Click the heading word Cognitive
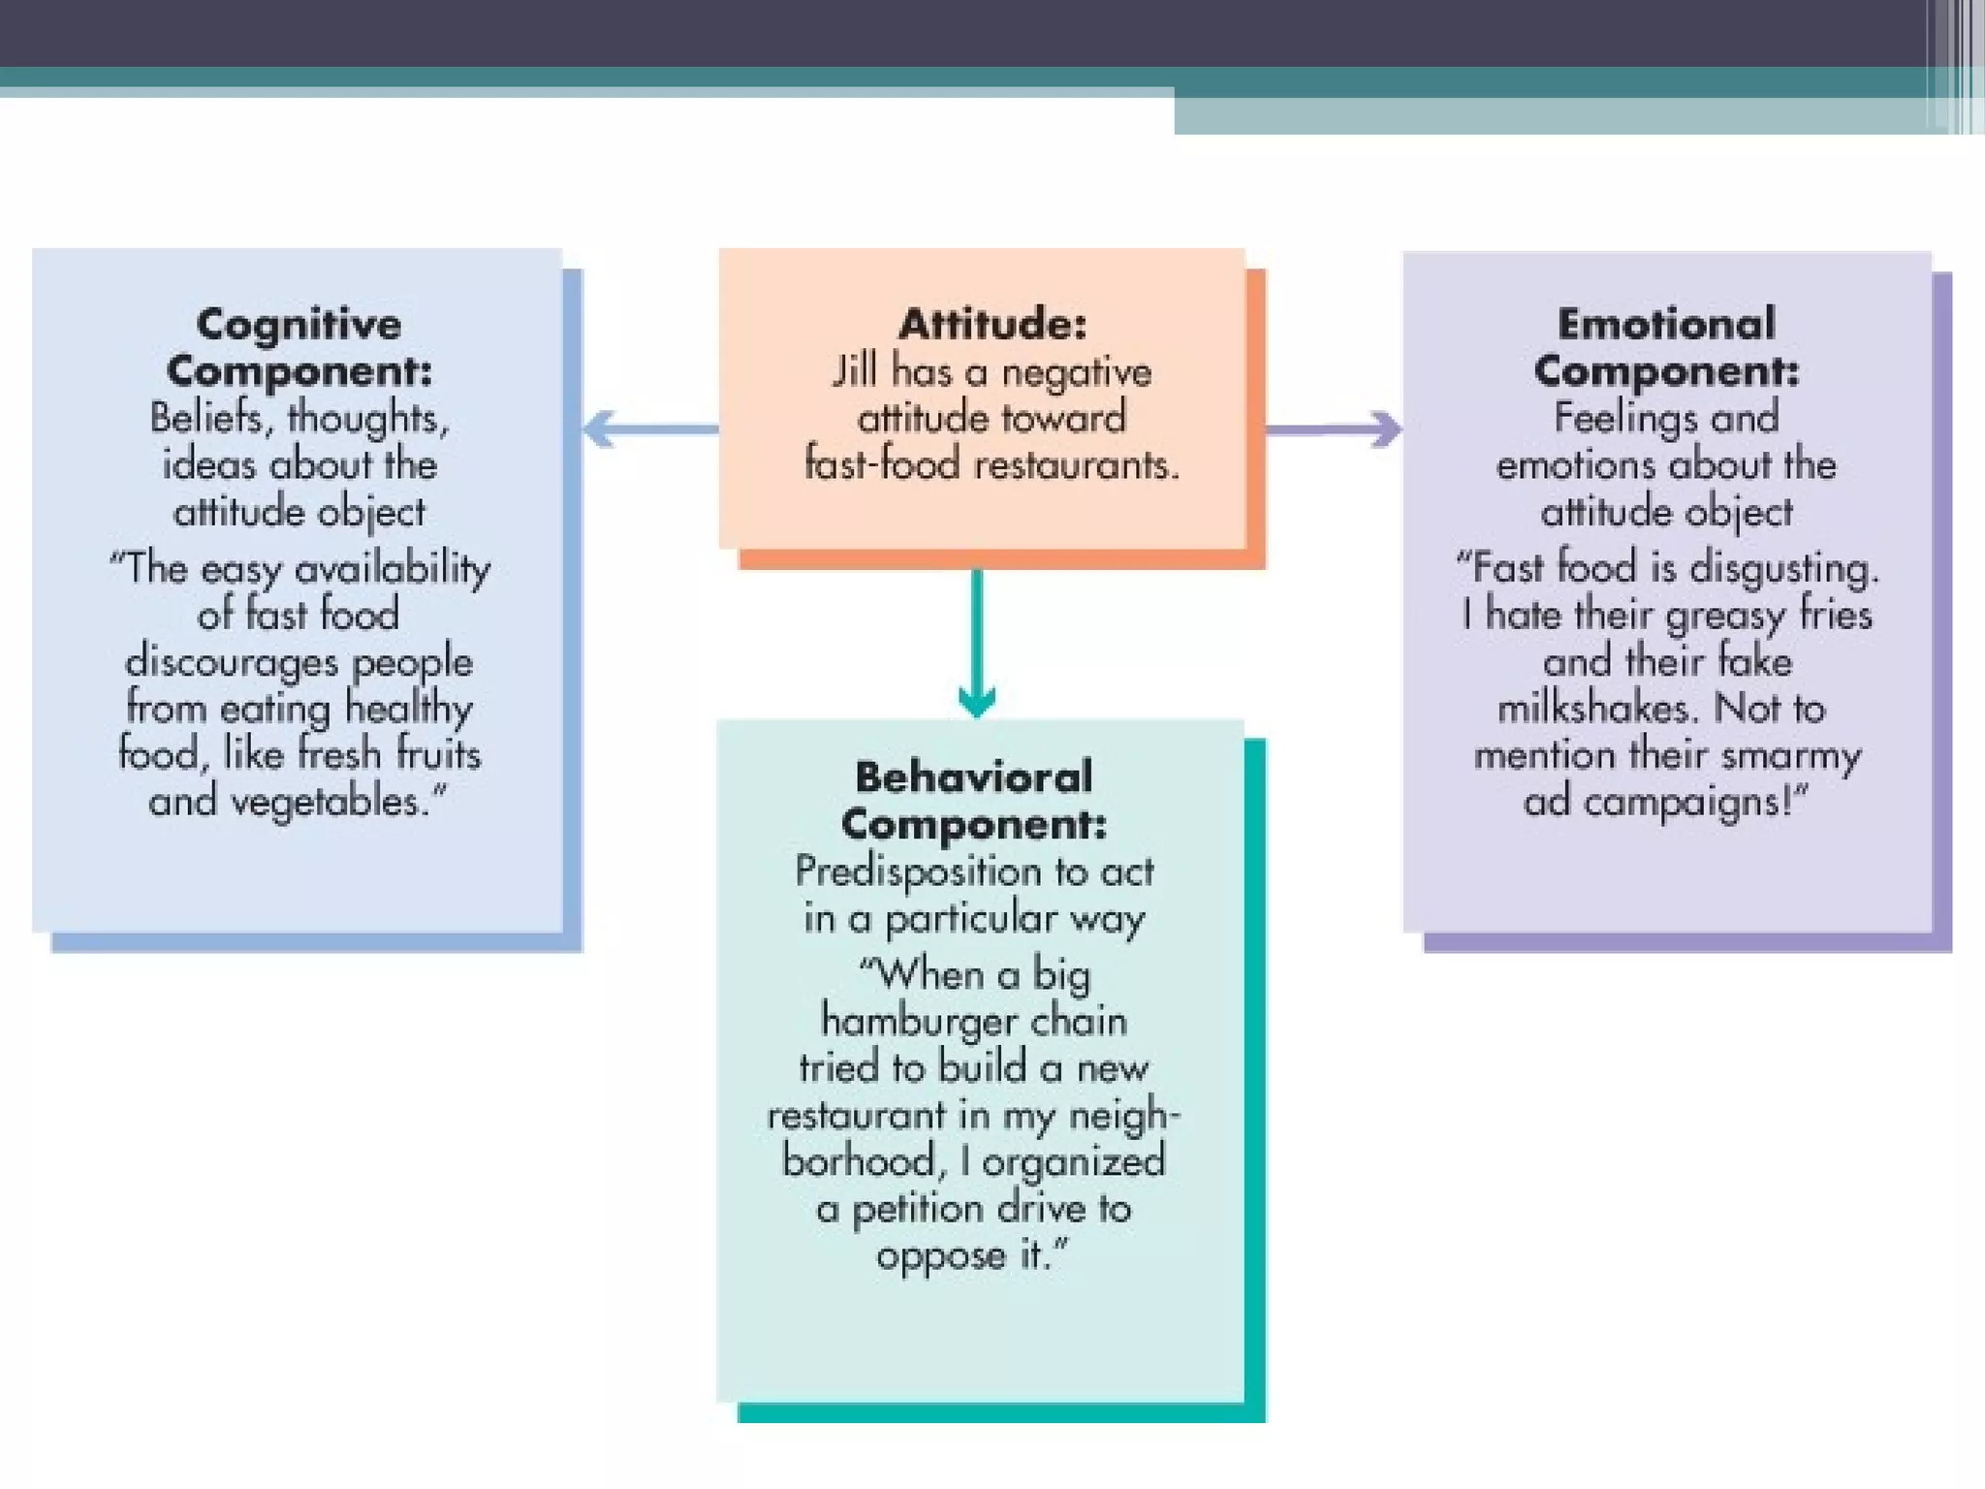tap(299, 324)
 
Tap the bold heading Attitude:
tap(992, 324)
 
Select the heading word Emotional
tap(1666, 324)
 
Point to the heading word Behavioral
tap(973, 777)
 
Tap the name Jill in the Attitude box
tap(854, 371)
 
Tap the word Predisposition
tap(919, 872)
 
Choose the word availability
tap(393, 568)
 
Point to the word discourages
tap(231, 662)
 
